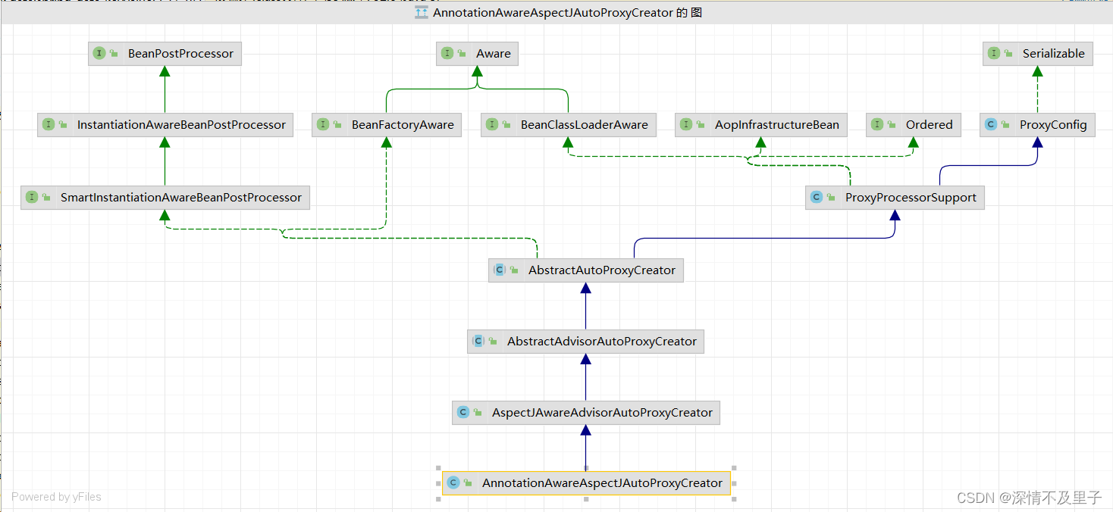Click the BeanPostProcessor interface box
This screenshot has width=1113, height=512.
(165, 54)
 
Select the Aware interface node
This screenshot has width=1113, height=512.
(477, 54)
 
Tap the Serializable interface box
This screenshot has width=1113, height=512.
(1037, 54)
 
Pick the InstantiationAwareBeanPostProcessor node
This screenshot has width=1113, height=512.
(165, 125)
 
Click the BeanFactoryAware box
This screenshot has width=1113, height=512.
(387, 125)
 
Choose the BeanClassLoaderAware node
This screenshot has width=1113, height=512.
(568, 125)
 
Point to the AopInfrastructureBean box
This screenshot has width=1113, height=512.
(760, 125)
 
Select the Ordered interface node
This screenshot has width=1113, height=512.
(913, 125)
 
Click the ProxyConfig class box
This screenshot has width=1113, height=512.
(1037, 125)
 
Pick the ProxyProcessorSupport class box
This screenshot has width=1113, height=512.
(895, 198)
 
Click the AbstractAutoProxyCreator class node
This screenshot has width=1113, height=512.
(585, 270)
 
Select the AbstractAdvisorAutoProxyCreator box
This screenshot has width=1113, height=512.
(585, 342)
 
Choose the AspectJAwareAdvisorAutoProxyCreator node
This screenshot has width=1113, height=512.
(585, 413)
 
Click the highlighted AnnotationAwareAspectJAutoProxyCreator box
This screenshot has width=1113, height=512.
(585, 483)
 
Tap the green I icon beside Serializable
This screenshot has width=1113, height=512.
(994, 54)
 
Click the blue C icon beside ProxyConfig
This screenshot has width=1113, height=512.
(991, 125)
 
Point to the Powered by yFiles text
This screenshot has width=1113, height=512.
(56, 497)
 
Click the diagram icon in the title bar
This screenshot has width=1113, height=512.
(422, 13)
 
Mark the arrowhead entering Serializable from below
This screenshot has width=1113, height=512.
(1037, 71)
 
